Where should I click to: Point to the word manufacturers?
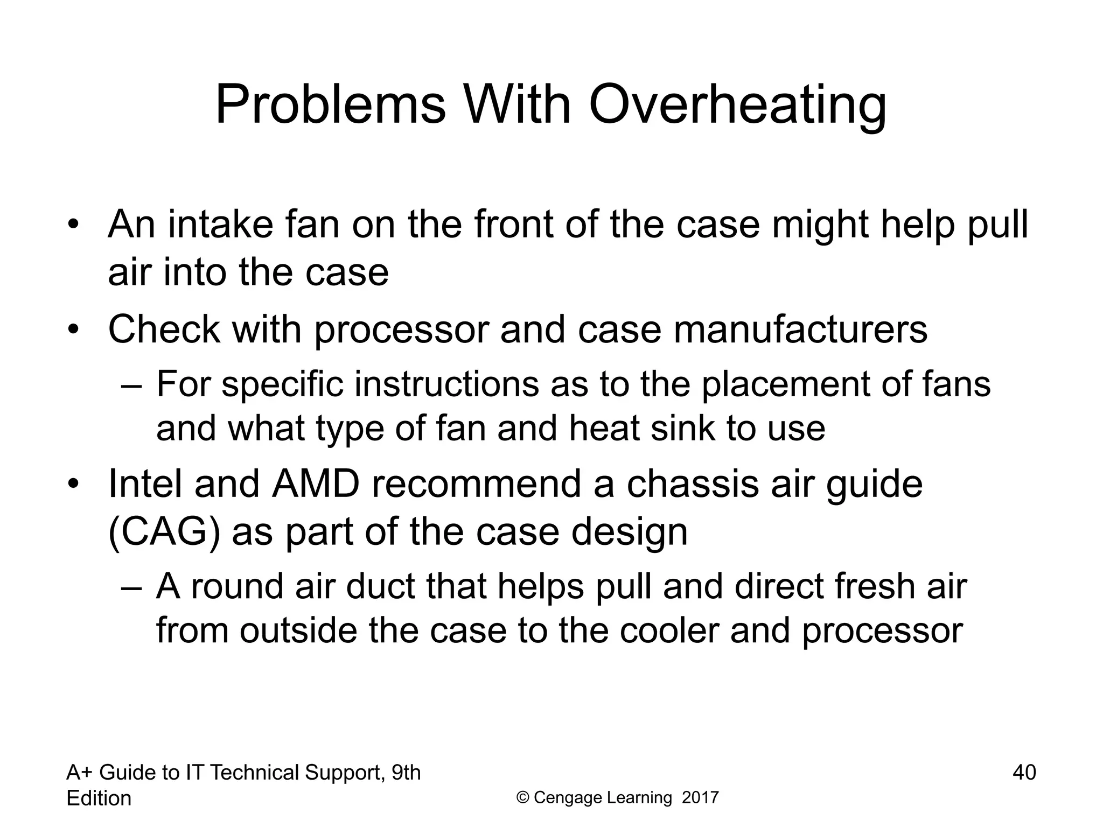800,329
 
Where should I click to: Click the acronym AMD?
316,484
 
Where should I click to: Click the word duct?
380,586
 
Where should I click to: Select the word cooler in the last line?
669,630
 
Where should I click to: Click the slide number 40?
1024,773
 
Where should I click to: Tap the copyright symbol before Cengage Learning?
522,797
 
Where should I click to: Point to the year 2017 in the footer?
700,797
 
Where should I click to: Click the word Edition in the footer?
99,798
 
